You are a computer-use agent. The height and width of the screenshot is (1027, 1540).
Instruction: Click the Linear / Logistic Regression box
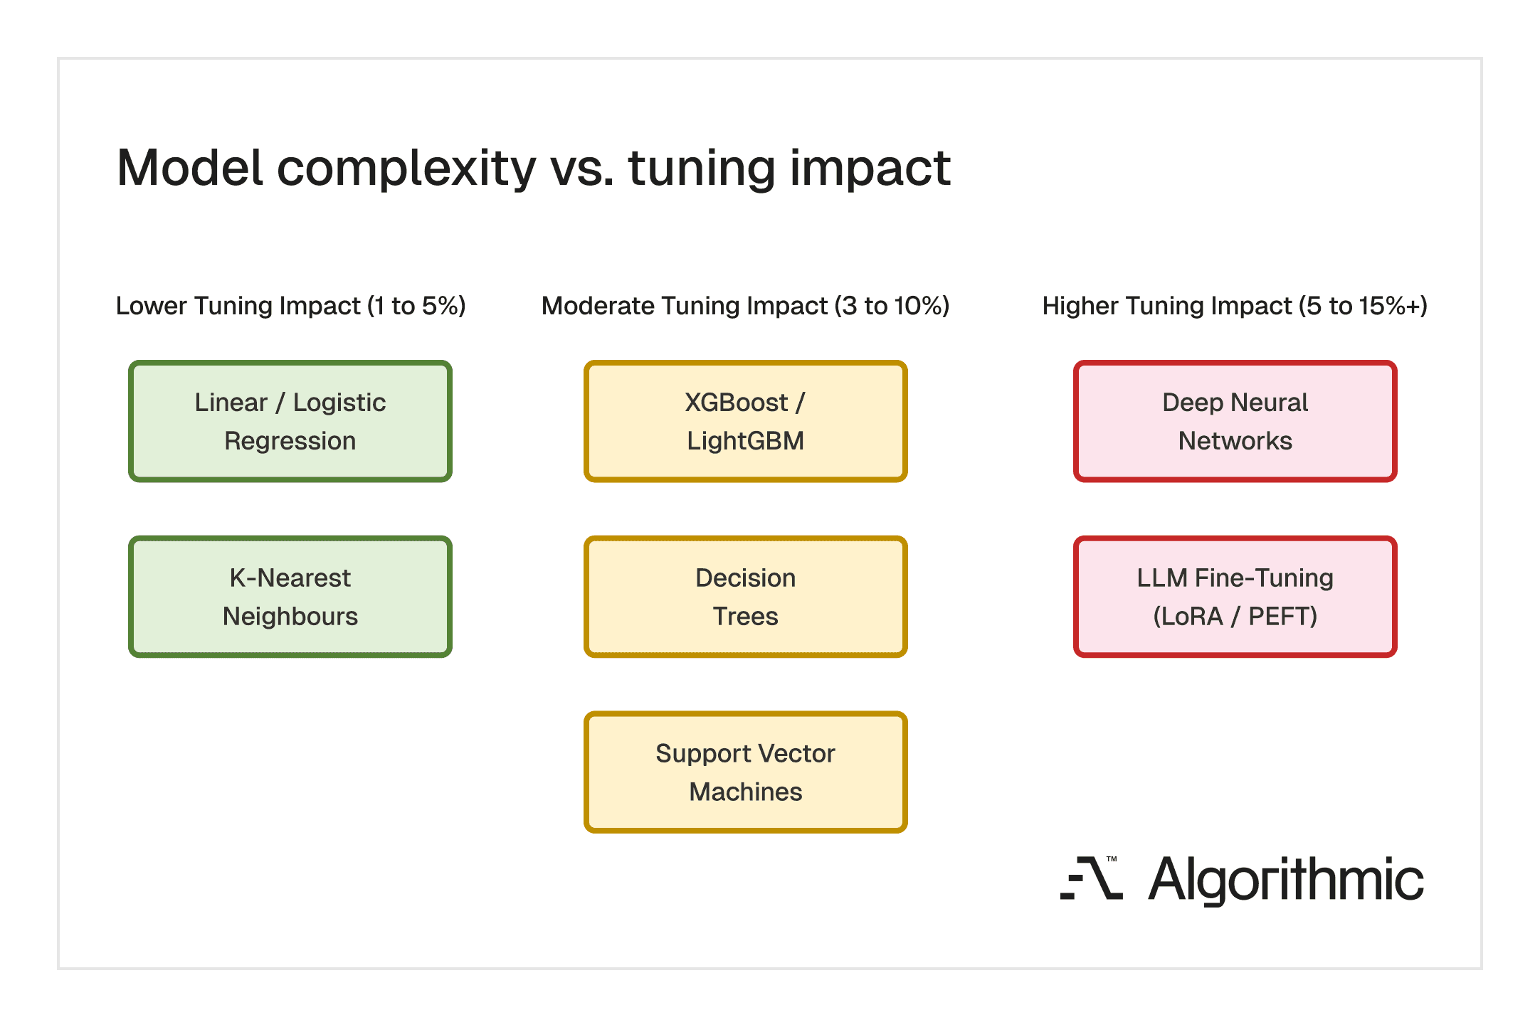pyautogui.click(x=290, y=421)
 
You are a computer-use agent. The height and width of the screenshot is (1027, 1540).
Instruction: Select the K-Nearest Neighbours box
pyautogui.click(x=290, y=597)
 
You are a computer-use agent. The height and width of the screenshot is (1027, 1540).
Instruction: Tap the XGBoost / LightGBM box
pyautogui.click(x=745, y=421)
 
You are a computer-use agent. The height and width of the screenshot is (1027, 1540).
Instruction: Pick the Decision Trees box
pyautogui.click(x=745, y=597)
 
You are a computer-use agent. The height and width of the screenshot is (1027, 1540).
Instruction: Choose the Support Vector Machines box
pyautogui.click(x=745, y=772)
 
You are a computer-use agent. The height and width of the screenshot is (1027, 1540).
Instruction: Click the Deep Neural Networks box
pyautogui.click(x=1235, y=421)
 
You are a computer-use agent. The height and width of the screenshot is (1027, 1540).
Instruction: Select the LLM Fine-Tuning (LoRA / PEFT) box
pyautogui.click(x=1235, y=597)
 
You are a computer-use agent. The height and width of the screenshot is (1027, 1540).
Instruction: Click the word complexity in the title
pyautogui.click(x=406, y=169)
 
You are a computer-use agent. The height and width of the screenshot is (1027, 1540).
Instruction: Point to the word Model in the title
pyautogui.click(x=190, y=168)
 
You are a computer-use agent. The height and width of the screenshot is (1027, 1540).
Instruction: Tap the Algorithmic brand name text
pyautogui.click(x=1286, y=880)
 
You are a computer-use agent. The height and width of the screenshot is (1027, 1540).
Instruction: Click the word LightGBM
pyautogui.click(x=745, y=441)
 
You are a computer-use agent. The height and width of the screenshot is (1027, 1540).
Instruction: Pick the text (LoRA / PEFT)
pyautogui.click(x=1235, y=616)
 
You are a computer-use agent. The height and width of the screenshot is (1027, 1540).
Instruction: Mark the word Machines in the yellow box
pyautogui.click(x=745, y=792)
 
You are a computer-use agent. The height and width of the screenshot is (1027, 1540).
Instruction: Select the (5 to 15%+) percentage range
pyautogui.click(x=1363, y=306)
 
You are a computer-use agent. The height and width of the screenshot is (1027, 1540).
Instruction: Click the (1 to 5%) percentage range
pyautogui.click(x=416, y=306)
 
